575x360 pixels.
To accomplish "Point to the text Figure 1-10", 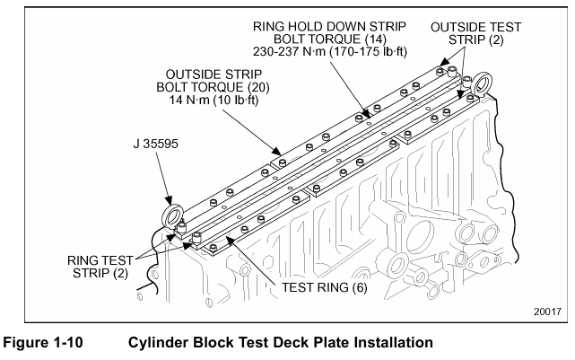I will [50, 342].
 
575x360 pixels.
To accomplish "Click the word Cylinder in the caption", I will [161, 342].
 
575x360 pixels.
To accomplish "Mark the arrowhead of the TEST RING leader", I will [228, 236].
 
